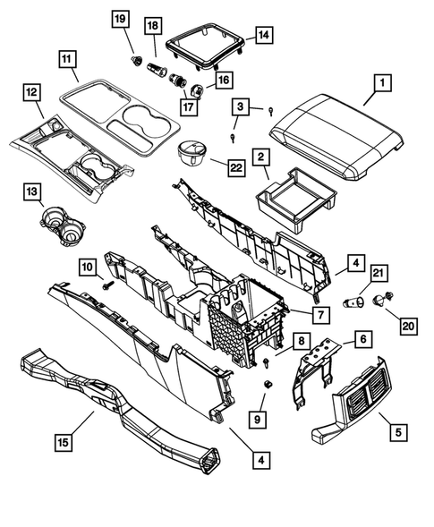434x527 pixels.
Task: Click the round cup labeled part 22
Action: pos(193,153)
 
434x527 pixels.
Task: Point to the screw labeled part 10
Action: pos(108,285)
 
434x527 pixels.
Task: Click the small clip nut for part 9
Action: pos(266,383)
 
